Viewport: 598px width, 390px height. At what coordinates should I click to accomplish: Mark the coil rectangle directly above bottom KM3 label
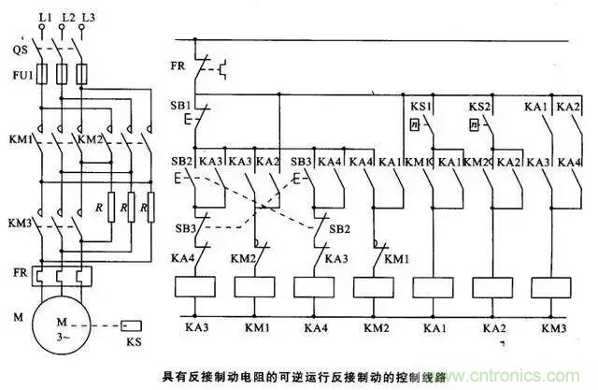[x=553, y=286]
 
